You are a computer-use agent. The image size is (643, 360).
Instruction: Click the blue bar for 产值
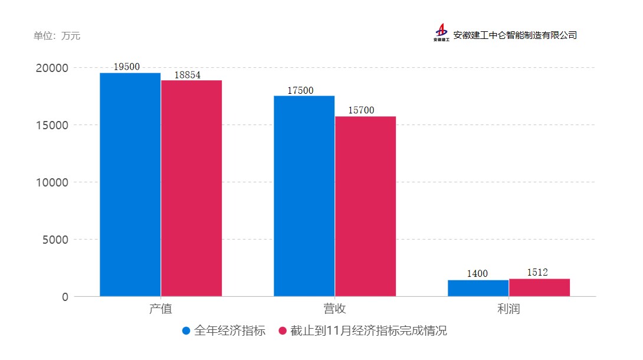click(x=130, y=184)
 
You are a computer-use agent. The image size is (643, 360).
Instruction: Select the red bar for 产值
click(x=191, y=188)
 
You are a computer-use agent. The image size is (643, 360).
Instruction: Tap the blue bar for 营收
click(x=304, y=196)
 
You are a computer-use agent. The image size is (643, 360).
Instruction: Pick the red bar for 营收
click(x=365, y=206)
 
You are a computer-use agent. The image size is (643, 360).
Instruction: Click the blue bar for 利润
click(x=478, y=288)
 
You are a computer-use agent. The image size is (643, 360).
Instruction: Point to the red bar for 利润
click(x=539, y=287)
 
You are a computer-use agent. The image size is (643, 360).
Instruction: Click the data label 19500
click(x=126, y=67)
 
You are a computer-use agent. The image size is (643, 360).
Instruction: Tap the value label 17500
click(x=300, y=90)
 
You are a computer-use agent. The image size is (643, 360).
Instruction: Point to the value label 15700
click(x=361, y=110)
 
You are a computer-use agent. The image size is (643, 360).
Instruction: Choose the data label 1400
click(x=477, y=273)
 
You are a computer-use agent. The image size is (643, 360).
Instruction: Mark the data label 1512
click(x=537, y=272)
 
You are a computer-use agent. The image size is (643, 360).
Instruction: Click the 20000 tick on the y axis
click(x=52, y=68)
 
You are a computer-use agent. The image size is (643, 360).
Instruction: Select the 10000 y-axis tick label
click(x=52, y=182)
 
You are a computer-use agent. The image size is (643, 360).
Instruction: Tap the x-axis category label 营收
click(x=334, y=309)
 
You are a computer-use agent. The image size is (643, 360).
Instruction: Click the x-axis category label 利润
click(x=509, y=309)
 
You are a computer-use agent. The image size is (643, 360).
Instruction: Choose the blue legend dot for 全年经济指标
click(x=186, y=331)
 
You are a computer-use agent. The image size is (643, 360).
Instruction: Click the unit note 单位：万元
click(x=57, y=36)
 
